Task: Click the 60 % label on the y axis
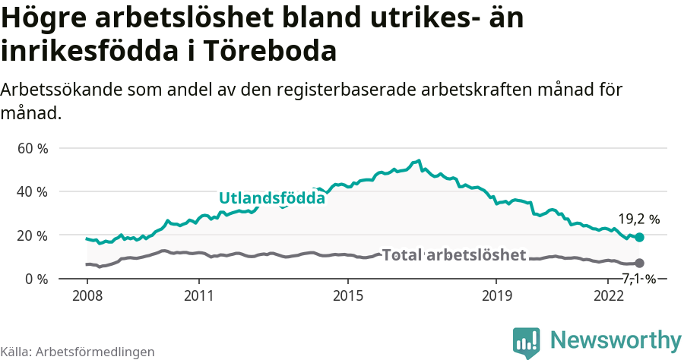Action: (x=33, y=148)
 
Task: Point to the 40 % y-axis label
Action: (x=33, y=191)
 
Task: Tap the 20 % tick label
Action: (x=33, y=235)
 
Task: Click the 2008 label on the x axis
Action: (x=87, y=295)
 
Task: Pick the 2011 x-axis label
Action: (x=198, y=295)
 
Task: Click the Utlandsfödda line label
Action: (x=272, y=198)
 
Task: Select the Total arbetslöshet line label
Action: (x=454, y=254)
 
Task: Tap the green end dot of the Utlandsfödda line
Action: (x=640, y=237)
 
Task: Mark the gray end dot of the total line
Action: (x=640, y=263)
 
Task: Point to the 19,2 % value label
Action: (x=638, y=219)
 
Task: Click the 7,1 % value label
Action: (x=638, y=278)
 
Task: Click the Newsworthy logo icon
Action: (x=527, y=342)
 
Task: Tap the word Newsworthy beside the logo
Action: (x=616, y=339)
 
